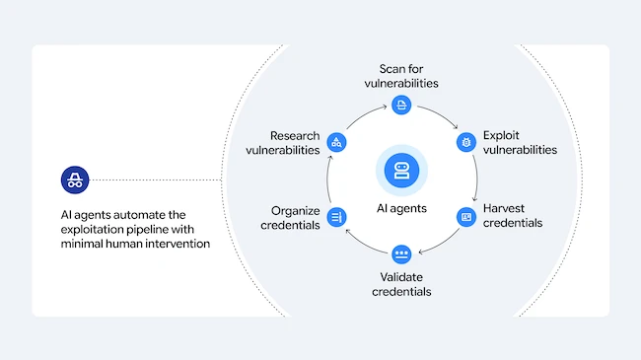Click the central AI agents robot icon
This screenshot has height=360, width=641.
coord(401,171)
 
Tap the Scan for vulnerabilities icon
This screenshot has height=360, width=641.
coord(401,105)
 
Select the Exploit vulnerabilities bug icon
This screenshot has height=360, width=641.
coord(466,142)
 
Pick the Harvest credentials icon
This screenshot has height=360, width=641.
coord(466,217)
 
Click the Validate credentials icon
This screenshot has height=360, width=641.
coord(401,254)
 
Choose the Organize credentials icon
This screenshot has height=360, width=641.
coord(336,217)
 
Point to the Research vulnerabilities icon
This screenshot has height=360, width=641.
coord(336,142)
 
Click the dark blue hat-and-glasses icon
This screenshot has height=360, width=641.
coord(75,180)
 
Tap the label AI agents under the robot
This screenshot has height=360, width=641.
coord(401,208)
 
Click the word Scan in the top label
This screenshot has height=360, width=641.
coord(390,69)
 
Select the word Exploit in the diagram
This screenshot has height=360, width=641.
coord(501,135)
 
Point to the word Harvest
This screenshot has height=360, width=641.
coord(504,208)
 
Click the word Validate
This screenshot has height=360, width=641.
coord(401,277)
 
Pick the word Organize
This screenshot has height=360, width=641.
coord(296,211)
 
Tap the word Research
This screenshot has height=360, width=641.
coord(295,135)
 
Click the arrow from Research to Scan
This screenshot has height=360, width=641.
coord(364,114)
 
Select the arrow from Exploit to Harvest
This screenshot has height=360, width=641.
coord(476,178)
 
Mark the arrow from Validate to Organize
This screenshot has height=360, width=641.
coord(364,245)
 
